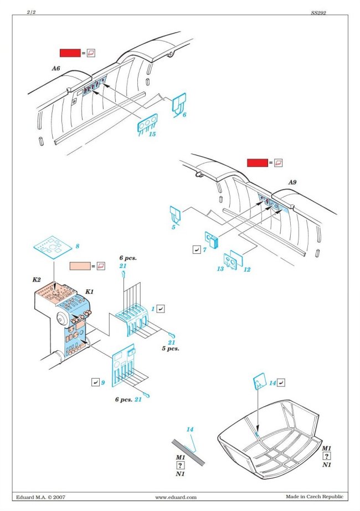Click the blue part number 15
[152, 134]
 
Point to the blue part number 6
[184, 115]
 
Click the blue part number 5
[173, 227]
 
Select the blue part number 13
[220, 269]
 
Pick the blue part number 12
[246, 269]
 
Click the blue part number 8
[78, 246]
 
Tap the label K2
[37, 280]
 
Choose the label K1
[89, 292]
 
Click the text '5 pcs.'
[171, 349]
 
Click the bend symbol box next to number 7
[196, 250]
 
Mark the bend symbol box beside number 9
[95, 382]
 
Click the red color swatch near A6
[70, 53]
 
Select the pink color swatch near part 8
[81, 266]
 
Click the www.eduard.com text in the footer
[176, 497]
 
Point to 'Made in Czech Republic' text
[314, 497]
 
